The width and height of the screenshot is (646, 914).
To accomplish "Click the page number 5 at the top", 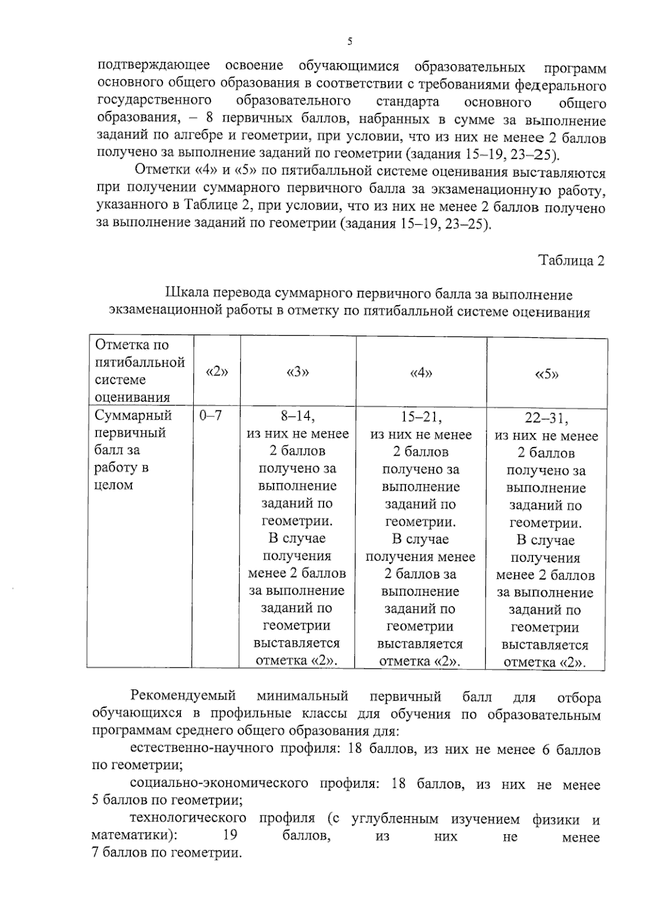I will pyautogui.click(x=350, y=41).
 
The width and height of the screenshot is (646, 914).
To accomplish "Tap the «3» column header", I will pyautogui.click(x=298, y=372).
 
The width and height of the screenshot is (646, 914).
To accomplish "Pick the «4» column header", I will pyautogui.click(x=421, y=373).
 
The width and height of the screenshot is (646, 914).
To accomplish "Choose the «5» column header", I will pyautogui.click(x=546, y=374).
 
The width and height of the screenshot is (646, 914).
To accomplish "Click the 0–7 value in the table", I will pyautogui.click(x=210, y=415).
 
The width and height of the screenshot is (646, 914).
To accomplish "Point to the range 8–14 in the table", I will pyautogui.click(x=298, y=416).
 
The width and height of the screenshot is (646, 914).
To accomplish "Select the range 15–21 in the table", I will pyautogui.click(x=421, y=417).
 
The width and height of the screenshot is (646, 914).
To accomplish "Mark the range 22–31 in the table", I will pyautogui.click(x=546, y=418).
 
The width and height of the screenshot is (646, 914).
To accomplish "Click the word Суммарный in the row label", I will pyautogui.click(x=133, y=415).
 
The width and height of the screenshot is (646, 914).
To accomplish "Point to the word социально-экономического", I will pyautogui.click(x=219, y=784).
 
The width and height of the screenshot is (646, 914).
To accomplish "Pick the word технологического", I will pyautogui.click(x=188, y=819).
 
